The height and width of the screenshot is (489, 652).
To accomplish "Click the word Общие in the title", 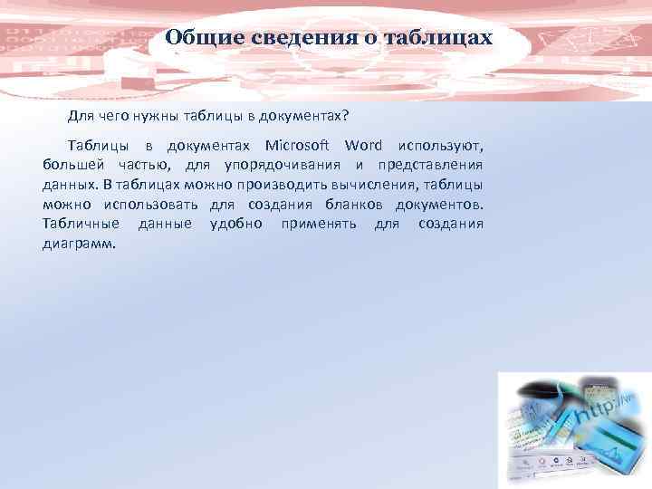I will coord(197,39).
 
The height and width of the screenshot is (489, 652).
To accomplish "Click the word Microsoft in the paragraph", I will coord(299,146).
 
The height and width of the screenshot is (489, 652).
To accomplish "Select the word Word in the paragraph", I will coord(364,146).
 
